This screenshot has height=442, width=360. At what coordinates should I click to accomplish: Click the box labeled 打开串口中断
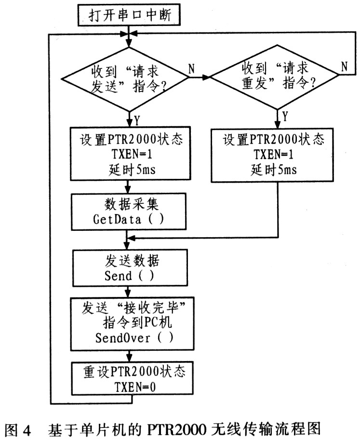coord(129,14)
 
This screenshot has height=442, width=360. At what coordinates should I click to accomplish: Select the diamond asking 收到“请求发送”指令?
coord(125,79)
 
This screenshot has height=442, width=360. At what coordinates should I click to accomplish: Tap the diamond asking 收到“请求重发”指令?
coord(274,77)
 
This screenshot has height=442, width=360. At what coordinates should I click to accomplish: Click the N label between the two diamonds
coord(192,68)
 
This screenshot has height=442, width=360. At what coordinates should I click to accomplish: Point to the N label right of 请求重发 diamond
coord(344,67)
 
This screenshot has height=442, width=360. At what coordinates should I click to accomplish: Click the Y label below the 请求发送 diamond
coord(137,121)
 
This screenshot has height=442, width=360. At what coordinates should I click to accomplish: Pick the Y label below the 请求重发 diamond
coord(285,116)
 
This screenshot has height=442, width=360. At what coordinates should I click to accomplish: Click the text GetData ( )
coord(128,219)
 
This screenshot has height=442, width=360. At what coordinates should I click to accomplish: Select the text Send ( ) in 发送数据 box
coord(129,276)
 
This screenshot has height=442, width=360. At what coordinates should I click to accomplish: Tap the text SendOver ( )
coord(134,337)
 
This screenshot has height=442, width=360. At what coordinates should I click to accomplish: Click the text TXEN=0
coord(135,387)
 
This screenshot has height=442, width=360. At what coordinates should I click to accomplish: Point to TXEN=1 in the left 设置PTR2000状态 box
coord(132,154)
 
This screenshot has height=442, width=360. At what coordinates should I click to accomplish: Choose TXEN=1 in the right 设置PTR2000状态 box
coord(273,154)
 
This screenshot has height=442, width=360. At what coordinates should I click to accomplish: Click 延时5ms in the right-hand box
coord(274,170)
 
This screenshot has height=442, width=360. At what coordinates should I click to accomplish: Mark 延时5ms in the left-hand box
coord(132,170)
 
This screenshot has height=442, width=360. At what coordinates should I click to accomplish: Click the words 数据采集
coord(132,204)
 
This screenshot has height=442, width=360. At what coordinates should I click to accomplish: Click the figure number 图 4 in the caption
coord(17,429)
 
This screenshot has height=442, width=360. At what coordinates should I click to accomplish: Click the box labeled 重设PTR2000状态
coord(132,378)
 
